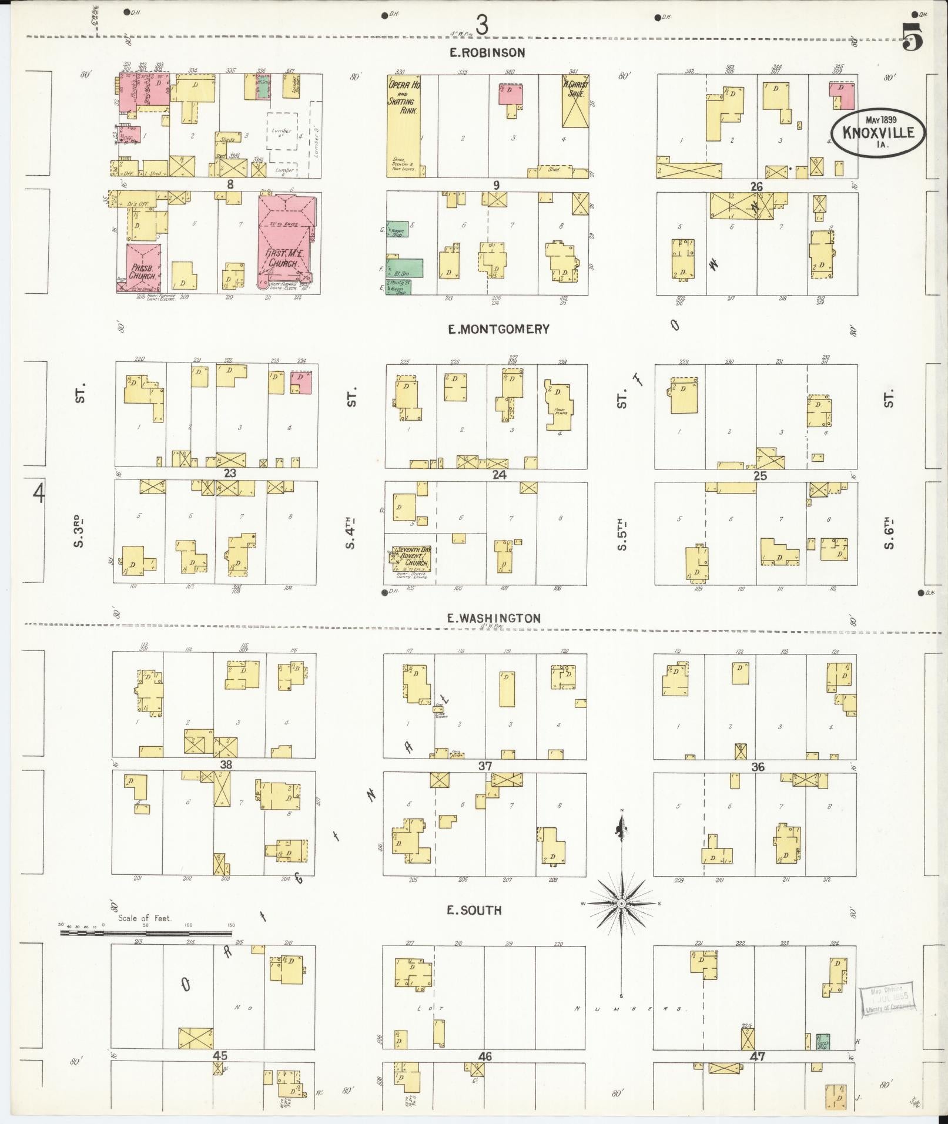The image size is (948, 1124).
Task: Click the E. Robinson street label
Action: click(x=487, y=53)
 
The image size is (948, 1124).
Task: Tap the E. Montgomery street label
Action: click(x=498, y=330)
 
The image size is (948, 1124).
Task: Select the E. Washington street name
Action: click(x=493, y=618)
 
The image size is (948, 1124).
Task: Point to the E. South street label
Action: click(x=474, y=911)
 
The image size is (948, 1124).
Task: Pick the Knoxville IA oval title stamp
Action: click(x=879, y=132)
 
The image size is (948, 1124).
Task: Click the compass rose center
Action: click(x=621, y=904)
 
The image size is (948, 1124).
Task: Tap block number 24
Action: click(x=499, y=475)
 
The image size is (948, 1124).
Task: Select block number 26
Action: click(x=756, y=187)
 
